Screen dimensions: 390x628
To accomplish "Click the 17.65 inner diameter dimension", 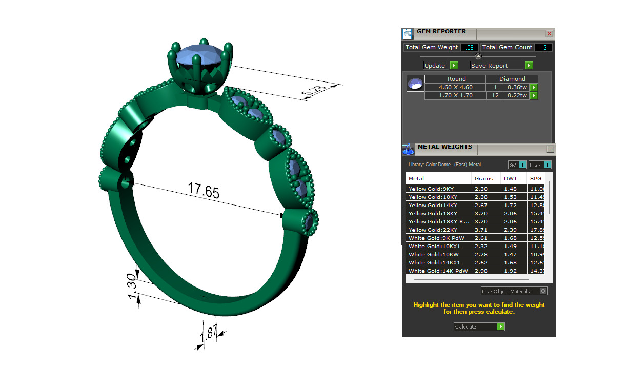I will [x=204, y=191].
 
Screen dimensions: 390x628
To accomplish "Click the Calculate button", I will [x=479, y=326].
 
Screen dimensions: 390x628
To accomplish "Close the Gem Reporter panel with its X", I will [x=549, y=34].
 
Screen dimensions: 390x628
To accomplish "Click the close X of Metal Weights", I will [x=550, y=149].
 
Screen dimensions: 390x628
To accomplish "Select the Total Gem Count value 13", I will [x=543, y=47].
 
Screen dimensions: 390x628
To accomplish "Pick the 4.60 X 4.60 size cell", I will [x=456, y=87].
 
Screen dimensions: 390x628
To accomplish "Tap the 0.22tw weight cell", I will [x=517, y=95].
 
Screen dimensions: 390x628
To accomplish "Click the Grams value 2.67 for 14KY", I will [x=481, y=205].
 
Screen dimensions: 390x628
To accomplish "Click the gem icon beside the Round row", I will [x=415, y=84].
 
